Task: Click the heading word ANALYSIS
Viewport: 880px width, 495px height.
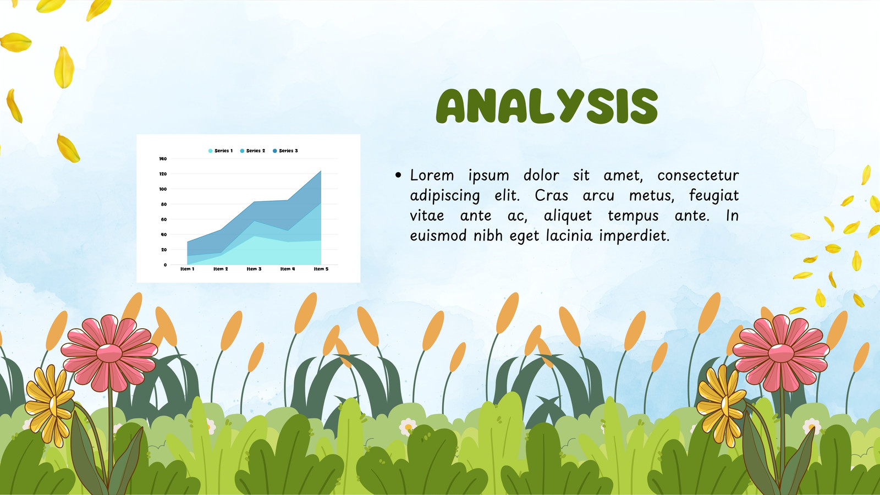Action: pyautogui.click(x=547, y=106)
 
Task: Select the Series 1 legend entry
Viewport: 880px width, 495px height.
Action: pyautogui.click(x=221, y=151)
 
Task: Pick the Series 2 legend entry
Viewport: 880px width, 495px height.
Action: pyautogui.click(x=252, y=151)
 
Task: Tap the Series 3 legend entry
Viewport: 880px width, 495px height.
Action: pyautogui.click(x=285, y=151)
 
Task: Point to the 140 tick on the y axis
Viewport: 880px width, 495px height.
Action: pyautogui.click(x=163, y=159)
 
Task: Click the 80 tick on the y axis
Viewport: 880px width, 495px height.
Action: pyautogui.click(x=164, y=204)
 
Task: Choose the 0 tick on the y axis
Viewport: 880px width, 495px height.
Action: pyautogui.click(x=166, y=265)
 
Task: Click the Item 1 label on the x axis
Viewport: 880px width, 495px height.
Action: pyautogui.click(x=188, y=269)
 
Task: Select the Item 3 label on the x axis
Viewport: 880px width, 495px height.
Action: pyautogui.click(x=254, y=269)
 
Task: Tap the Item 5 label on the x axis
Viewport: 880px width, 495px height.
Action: pyautogui.click(x=321, y=269)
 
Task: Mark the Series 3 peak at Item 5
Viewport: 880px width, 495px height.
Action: pyautogui.click(x=321, y=171)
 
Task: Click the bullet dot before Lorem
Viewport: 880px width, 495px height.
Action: pyautogui.click(x=398, y=175)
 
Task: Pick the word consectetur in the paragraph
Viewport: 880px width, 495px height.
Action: pyautogui.click(x=698, y=175)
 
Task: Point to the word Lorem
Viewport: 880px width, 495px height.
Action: pyautogui.click(x=432, y=175)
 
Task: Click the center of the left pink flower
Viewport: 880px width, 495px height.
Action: pyautogui.click(x=109, y=353)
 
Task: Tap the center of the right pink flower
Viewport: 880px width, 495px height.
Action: pyautogui.click(x=781, y=353)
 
